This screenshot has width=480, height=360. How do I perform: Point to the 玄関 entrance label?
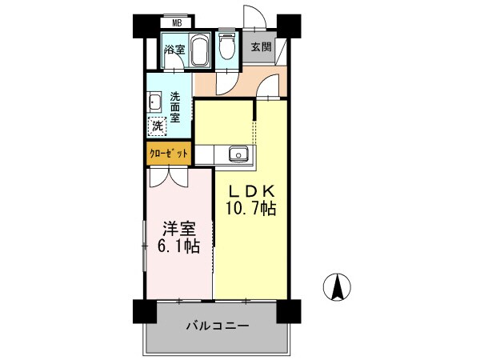(261, 46)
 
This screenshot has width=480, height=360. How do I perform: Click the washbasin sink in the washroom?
(154, 103)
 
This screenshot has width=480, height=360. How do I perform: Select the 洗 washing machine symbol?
(158, 126)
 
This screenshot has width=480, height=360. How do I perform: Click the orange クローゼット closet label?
(169, 153)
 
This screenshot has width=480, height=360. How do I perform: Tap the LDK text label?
(252, 191)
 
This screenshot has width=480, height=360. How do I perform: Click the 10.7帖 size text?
(252, 210)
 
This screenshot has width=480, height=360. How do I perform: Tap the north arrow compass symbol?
(338, 286)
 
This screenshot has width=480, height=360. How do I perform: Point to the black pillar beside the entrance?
(289, 26)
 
